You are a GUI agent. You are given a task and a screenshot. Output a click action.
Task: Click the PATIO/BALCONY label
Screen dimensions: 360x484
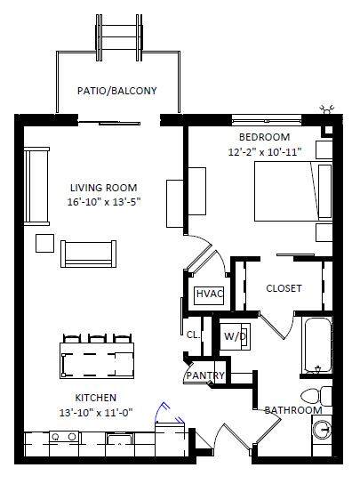[x=117, y=91]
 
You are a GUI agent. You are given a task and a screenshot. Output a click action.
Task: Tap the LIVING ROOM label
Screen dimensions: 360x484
[x=104, y=188]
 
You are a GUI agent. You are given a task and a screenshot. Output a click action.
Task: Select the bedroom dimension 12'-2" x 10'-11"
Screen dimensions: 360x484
[x=265, y=152]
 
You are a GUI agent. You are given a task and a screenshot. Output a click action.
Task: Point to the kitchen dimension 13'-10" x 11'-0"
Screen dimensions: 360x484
[x=96, y=413]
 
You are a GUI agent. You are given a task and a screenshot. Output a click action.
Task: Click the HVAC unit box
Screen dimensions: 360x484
[x=210, y=295]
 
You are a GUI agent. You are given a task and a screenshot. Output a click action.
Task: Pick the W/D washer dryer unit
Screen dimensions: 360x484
[x=235, y=336]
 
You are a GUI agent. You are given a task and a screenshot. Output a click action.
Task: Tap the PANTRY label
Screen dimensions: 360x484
[x=205, y=375]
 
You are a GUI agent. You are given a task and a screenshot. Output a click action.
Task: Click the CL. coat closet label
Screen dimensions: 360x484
[x=194, y=335]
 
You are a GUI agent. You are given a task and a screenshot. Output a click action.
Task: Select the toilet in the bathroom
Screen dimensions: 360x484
[x=316, y=396]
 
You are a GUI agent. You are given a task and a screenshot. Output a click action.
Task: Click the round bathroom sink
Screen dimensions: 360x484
[x=322, y=430]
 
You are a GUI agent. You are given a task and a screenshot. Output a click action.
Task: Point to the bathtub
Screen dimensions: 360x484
[x=317, y=346]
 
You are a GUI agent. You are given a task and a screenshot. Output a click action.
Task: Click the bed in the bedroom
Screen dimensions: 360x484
[x=293, y=191]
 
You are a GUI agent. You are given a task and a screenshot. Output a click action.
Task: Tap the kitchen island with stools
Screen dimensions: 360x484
[x=97, y=360]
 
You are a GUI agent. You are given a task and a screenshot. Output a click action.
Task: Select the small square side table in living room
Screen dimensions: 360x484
[x=45, y=243]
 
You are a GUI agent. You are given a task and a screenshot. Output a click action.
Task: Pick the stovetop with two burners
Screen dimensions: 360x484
[x=64, y=437]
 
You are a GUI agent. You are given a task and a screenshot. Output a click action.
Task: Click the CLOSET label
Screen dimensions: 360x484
[x=284, y=288]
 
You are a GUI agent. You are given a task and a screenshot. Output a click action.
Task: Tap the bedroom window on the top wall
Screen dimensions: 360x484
[x=267, y=119]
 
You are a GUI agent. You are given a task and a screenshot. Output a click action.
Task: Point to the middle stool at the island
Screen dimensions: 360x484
[x=97, y=338]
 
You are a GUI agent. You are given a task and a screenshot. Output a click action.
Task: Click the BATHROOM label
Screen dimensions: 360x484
[x=293, y=410]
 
